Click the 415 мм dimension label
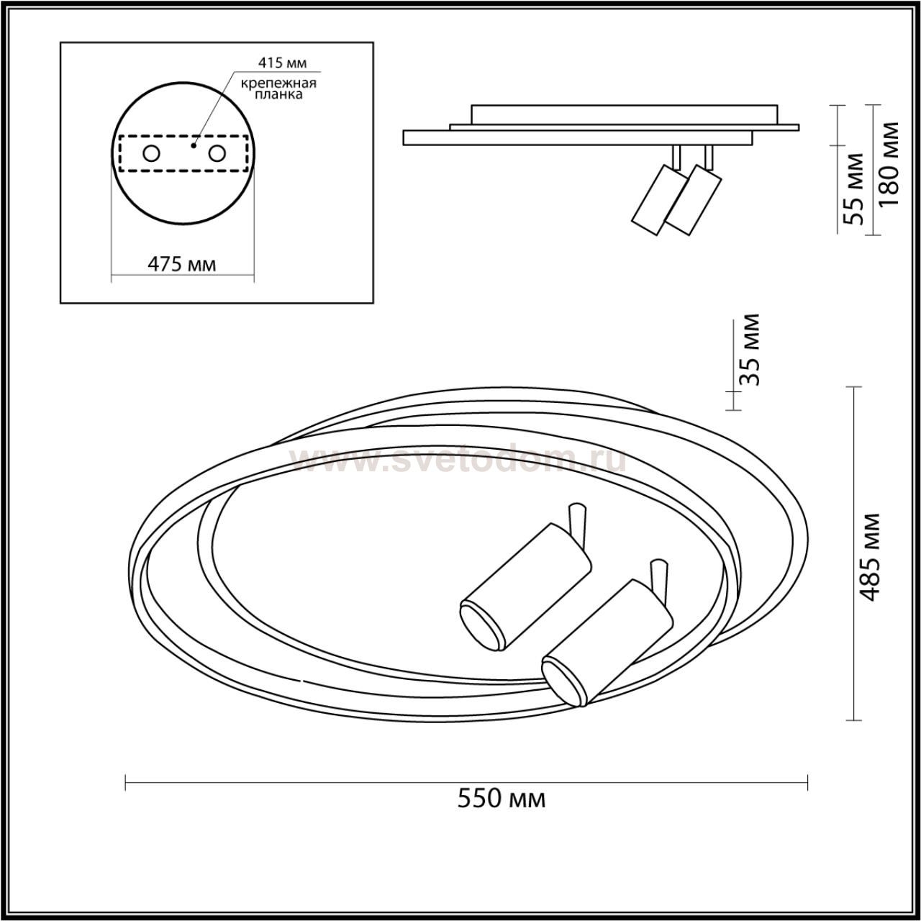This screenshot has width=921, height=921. click(x=282, y=63)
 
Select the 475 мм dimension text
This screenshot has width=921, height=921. click(x=181, y=264)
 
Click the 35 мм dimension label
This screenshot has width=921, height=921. click(x=748, y=350)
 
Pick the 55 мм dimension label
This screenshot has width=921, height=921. click(x=853, y=189)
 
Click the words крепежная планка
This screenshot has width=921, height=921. click(x=278, y=89)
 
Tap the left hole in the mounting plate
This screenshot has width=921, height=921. click(x=152, y=154)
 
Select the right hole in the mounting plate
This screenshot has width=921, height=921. click(x=217, y=154)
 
